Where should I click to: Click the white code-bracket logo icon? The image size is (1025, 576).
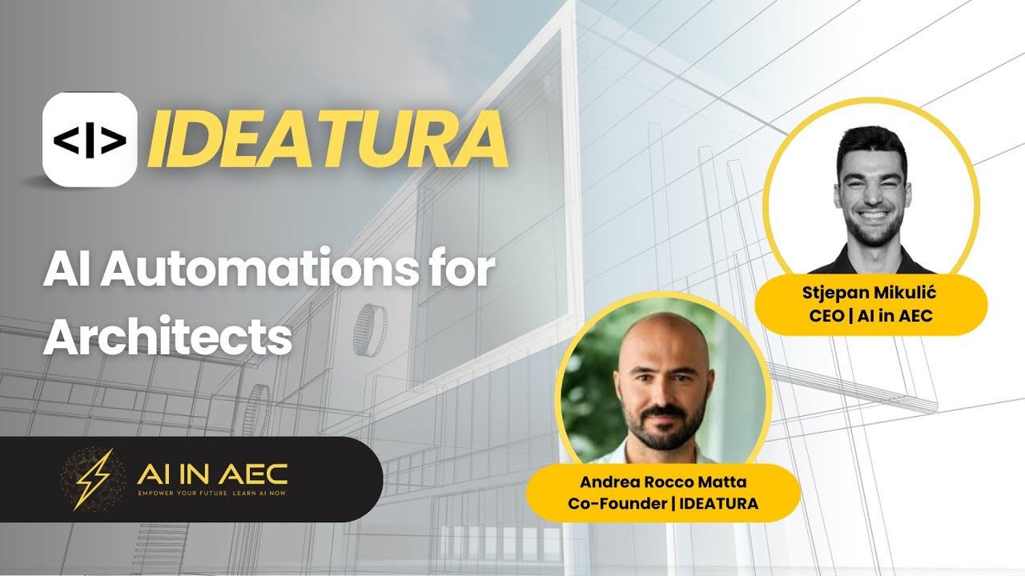tap(90, 140)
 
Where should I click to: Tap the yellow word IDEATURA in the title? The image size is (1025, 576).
tap(327, 142)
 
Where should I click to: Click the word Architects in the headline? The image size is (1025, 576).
tap(167, 337)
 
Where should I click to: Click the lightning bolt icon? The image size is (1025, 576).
tap(93, 478)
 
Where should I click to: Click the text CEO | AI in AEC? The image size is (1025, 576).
tap(871, 315)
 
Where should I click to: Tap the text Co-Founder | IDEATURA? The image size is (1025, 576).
tap(662, 503)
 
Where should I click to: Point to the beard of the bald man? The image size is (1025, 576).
tap(664, 432)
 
